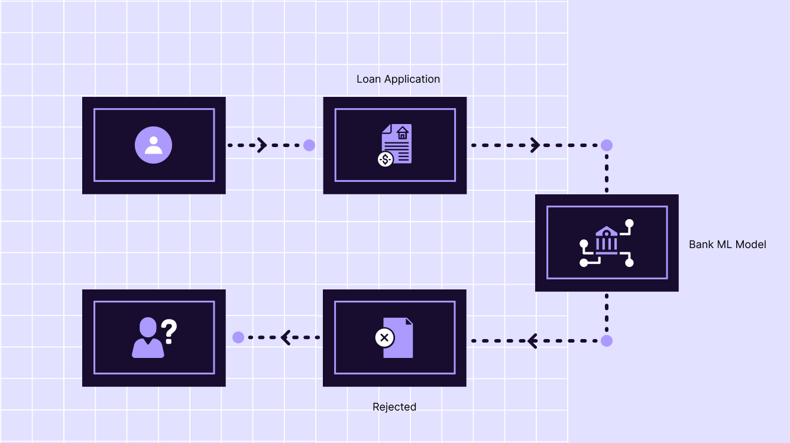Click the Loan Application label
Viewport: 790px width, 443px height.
(398, 79)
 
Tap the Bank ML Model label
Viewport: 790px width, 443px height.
(727, 245)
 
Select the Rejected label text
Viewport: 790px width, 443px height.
(394, 407)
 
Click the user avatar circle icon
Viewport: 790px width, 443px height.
(154, 145)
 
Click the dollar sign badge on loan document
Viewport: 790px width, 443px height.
(386, 159)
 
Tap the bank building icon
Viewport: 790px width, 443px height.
(607, 240)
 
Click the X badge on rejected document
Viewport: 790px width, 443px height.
(384, 338)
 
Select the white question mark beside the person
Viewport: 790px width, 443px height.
(169, 331)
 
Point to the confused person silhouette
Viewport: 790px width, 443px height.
(148, 338)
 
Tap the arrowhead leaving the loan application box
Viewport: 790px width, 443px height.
(535, 145)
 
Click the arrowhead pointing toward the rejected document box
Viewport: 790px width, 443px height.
(532, 341)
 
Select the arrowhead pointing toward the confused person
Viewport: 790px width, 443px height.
(286, 337)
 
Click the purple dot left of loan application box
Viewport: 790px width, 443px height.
(309, 145)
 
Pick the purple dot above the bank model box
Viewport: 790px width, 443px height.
(607, 145)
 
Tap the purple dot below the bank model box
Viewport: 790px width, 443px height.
(607, 341)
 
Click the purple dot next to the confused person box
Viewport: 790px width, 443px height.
(238, 337)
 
